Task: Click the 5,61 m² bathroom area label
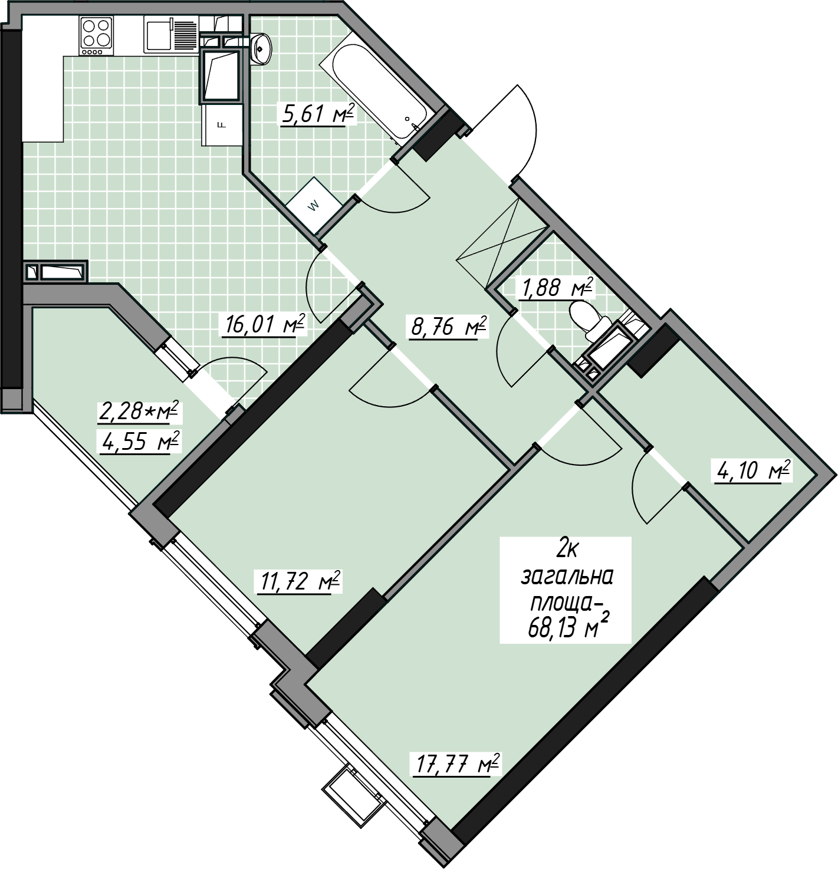[318, 114]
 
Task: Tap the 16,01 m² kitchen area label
[264, 324]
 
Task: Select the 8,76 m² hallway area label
[448, 327]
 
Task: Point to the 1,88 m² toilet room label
[555, 288]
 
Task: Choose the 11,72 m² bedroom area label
[297, 581]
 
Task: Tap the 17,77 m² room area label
[456, 765]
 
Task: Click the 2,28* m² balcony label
[138, 412]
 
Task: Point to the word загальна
[567, 578]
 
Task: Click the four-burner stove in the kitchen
[97, 35]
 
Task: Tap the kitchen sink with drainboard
[171, 35]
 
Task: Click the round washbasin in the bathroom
[261, 48]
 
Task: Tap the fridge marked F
[222, 125]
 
